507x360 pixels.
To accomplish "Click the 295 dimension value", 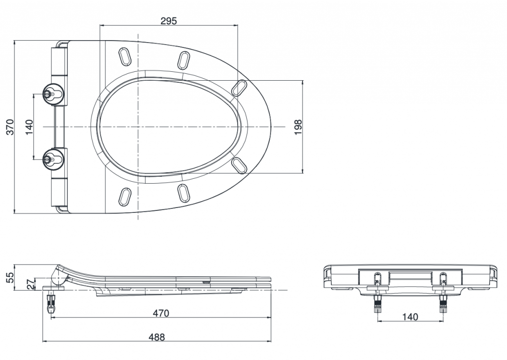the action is click(x=169, y=21).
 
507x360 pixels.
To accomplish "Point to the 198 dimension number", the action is click(x=298, y=127).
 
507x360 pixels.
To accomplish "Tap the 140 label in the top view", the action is click(x=29, y=127).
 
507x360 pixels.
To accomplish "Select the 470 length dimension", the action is click(x=161, y=313).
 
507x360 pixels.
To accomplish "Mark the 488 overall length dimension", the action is click(x=157, y=337).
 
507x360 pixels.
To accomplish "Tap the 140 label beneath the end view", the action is click(x=410, y=316).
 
